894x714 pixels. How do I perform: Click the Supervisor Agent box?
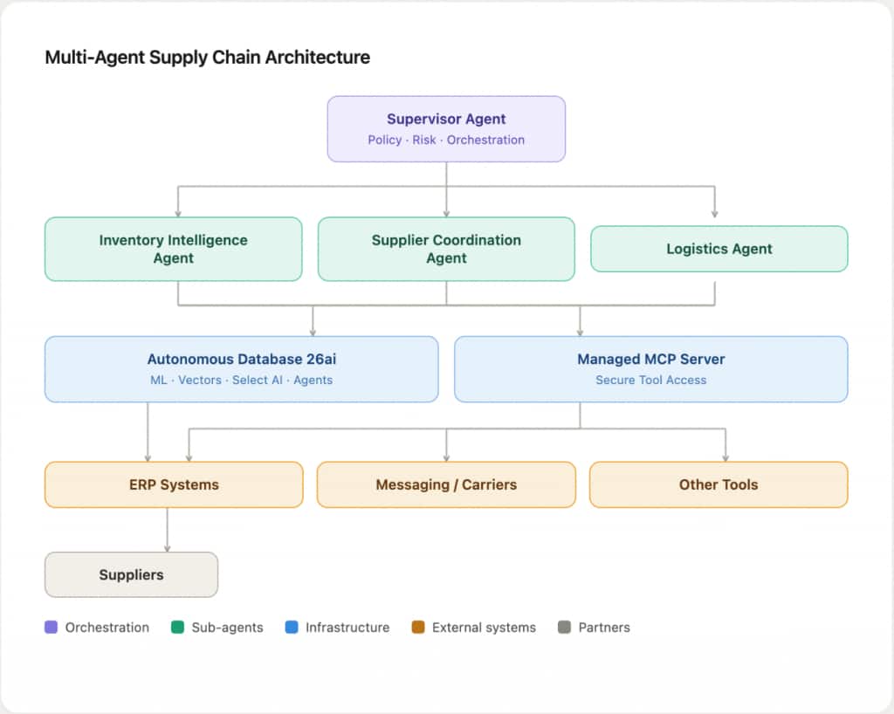click(446, 128)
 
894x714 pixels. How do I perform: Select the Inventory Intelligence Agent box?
click(173, 249)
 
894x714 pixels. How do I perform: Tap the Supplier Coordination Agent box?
click(446, 249)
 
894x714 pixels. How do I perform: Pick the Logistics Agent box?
click(719, 249)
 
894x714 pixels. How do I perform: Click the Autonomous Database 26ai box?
click(241, 368)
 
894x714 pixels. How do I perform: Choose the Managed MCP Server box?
click(650, 368)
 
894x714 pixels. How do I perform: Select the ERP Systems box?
click(174, 484)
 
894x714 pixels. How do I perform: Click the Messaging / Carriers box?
click(446, 484)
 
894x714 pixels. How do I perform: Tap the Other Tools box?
click(719, 484)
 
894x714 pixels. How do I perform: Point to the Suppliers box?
click(131, 574)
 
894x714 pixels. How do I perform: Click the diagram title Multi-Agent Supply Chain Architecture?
click(207, 58)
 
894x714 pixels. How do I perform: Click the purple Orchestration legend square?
click(52, 627)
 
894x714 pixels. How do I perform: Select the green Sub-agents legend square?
click(178, 627)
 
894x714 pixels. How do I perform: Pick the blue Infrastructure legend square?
click(292, 627)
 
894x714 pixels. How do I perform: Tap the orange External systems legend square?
click(418, 627)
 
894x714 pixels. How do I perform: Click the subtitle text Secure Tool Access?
click(650, 380)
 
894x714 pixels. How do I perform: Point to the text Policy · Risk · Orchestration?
click(446, 140)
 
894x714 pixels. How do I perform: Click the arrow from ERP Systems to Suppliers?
click(167, 530)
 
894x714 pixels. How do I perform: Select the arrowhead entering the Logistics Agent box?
click(715, 213)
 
